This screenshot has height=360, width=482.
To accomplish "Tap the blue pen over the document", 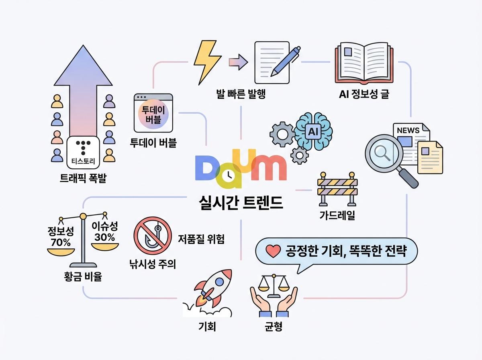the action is tap(286, 61).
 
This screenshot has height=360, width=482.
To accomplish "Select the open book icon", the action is tap(364, 63).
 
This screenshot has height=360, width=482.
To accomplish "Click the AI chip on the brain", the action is tap(313, 131).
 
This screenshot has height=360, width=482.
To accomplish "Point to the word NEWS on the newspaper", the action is tap(408, 131).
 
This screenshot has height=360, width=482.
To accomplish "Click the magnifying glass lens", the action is tap(384, 153).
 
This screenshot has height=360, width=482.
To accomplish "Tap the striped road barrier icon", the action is tap(337, 189).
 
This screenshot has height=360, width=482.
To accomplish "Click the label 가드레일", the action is tap(337, 215).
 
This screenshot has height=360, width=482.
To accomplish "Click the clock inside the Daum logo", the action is tap(228, 176).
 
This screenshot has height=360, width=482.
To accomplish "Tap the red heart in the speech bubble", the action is tap(273, 251).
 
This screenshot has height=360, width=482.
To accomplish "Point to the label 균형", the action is tap(274, 326).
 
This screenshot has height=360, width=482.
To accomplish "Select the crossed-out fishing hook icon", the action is tap(153, 235).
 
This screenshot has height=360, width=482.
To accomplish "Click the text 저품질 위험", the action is tap(201, 239).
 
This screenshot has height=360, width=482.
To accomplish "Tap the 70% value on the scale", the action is tap(61, 243).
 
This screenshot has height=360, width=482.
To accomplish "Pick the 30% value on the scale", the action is tap(104, 237).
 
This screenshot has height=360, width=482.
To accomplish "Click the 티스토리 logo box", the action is tap(83, 152).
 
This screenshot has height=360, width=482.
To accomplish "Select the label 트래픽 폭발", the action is tap(83, 178).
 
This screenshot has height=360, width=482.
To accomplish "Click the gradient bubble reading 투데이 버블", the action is tap(153, 114).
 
